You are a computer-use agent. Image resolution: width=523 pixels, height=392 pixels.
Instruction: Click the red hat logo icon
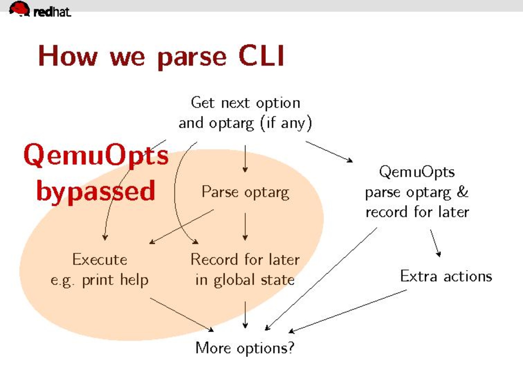(19, 9)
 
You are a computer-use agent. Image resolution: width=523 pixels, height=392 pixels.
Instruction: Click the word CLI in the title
(261, 56)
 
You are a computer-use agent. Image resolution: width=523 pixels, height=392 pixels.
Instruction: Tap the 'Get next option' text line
(246, 103)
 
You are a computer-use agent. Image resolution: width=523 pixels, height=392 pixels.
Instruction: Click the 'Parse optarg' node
(246, 192)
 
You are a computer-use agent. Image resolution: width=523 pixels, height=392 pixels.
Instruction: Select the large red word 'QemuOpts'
(96, 156)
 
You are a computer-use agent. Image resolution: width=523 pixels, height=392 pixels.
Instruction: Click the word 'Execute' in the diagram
(100, 259)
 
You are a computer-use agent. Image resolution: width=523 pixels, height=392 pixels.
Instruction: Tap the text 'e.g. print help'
(100, 280)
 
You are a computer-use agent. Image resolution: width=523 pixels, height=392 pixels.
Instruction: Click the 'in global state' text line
(245, 280)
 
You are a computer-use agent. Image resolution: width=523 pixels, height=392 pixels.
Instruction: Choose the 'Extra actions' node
(446, 276)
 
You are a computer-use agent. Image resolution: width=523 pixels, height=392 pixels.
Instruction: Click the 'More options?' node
(245, 348)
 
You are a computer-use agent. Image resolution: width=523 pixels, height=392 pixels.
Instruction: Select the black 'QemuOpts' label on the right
(417, 172)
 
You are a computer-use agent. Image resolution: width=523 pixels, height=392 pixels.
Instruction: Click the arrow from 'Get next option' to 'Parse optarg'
(245, 159)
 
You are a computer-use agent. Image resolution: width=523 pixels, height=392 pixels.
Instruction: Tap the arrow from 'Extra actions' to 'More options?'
(347, 311)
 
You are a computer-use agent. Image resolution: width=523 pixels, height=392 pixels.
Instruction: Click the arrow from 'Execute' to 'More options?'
(182, 314)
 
